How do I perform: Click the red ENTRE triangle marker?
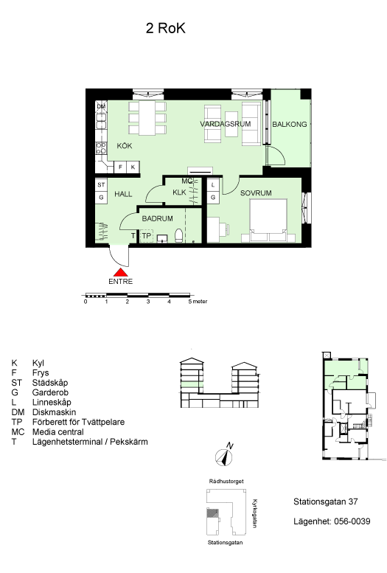[x=121, y=273]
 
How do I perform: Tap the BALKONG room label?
[x=290, y=124]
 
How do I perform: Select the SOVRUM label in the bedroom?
[x=256, y=193]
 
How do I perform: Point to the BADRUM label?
[x=158, y=218]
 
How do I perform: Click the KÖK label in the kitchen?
[x=125, y=146]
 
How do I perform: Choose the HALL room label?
[x=124, y=194]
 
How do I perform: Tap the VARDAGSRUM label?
[x=226, y=124]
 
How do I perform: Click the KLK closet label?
[x=179, y=192]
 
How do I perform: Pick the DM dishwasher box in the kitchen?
[x=101, y=106]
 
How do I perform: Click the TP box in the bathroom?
[x=147, y=236]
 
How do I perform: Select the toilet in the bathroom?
[x=178, y=236]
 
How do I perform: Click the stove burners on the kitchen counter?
[x=101, y=148]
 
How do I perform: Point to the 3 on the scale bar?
[x=148, y=302]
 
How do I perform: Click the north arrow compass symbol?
[x=224, y=456]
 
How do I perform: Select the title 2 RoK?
[x=166, y=28]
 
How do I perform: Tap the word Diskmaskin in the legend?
[x=54, y=412]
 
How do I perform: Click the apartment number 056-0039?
[x=352, y=521]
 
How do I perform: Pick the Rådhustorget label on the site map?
[x=226, y=482]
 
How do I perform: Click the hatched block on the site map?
[x=213, y=513]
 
